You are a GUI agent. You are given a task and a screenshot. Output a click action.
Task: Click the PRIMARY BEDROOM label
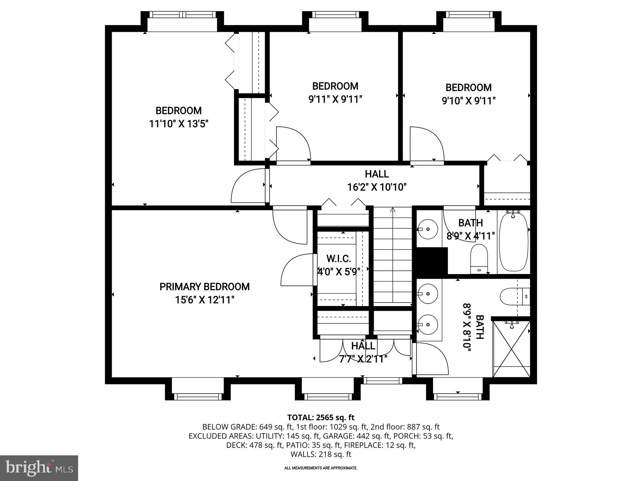pos(204,286)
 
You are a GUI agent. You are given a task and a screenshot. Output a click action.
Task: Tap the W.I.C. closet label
pos(339,259)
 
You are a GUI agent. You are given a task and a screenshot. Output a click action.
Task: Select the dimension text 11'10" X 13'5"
pos(178,124)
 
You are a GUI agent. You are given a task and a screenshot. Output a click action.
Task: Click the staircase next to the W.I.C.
pos(392,257)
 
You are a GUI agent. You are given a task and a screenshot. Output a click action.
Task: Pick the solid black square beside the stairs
pos(432,261)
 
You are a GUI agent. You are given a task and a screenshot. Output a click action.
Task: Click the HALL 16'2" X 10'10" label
pos(377,180)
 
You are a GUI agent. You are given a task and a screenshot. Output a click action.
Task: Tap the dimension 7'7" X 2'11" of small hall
pos(363,358)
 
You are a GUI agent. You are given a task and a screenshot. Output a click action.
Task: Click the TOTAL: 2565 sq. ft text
pos(321,417)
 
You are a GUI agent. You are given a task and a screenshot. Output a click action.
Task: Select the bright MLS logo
pos(39,468)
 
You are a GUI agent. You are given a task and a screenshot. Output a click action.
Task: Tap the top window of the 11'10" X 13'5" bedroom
pos(183,15)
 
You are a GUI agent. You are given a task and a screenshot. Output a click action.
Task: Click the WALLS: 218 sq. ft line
pos(321,454)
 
